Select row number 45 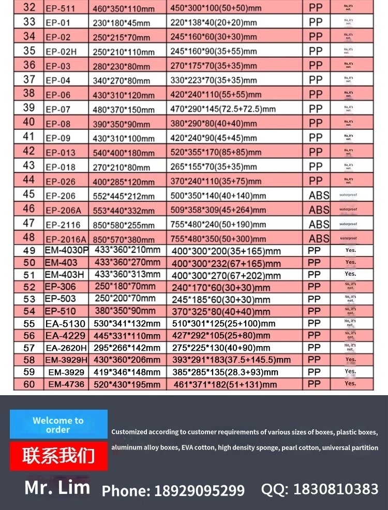tap(29, 194)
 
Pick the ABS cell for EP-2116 tap(319, 224)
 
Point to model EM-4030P tap(67, 250)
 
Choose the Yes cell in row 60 tap(350, 383)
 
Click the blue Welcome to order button tap(58, 425)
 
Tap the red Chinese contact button tap(58, 456)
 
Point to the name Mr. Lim tap(57, 487)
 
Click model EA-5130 tap(65, 323)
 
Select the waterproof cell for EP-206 tap(348, 195)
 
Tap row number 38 tap(29, 93)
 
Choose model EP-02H tap(61, 52)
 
